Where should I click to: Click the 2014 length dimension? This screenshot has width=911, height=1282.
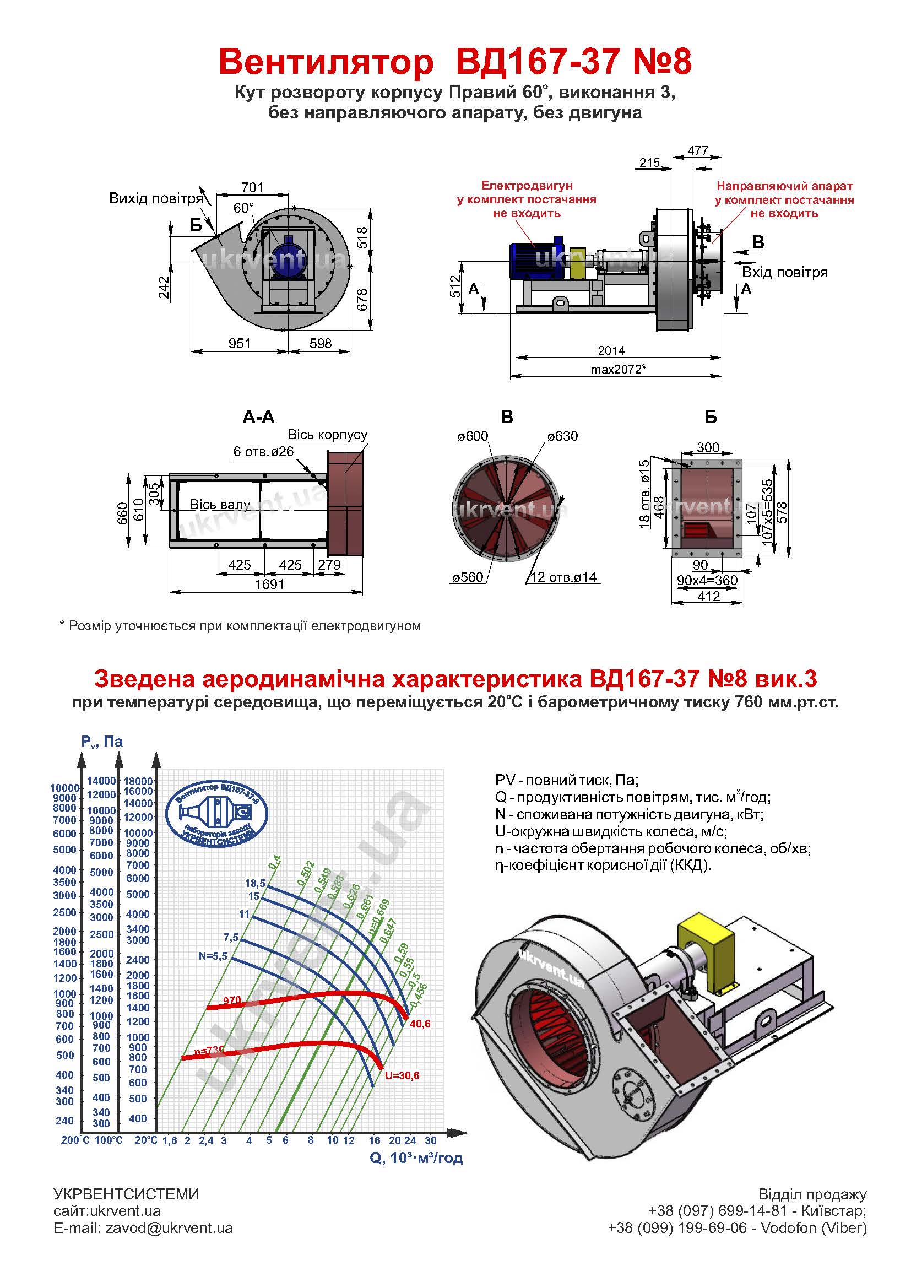coord(611,350)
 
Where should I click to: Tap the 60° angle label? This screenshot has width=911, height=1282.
coord(243,208)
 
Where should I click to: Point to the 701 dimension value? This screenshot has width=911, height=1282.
coord(252,187)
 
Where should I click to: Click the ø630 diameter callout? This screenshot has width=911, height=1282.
coord(562,436)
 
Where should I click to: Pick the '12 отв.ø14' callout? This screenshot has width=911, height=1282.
coord(563,577)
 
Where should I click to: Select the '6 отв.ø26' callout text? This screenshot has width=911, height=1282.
coord(264,452)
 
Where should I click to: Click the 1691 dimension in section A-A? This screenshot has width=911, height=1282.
coord(269,585)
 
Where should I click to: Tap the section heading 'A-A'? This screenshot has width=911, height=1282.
coord(259,417)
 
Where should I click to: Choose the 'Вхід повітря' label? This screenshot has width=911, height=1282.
coord(785,273)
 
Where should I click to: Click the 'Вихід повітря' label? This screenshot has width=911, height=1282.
coord(155,199)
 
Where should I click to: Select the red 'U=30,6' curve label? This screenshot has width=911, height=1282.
coord(402,1075)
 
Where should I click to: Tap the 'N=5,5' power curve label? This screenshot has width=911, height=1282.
coord(213,956)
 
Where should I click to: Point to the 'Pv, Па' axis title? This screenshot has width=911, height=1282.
coord(102,742)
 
